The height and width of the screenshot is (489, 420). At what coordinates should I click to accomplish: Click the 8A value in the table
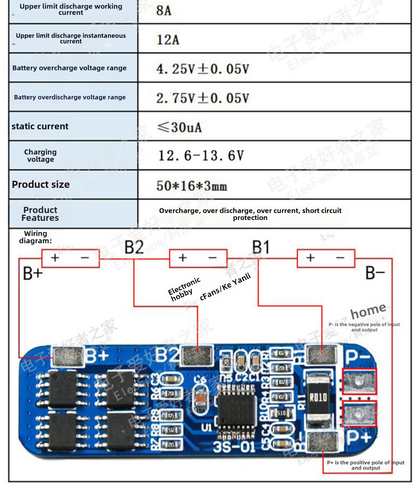(164, 11)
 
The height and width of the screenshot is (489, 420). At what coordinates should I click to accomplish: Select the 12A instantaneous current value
(168, 40)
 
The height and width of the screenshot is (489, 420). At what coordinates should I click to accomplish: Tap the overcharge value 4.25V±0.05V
(202, 69)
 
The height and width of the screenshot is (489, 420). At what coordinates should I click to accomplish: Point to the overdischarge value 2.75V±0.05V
(202, 98)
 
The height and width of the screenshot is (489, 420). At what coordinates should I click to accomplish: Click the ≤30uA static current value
(179, 127)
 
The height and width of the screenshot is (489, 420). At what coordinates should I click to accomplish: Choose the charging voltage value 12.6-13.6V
(201, 156)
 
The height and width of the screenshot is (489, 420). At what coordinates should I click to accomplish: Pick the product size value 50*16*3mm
(192, 186)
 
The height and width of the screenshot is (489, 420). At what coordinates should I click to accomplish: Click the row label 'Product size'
(41, 184)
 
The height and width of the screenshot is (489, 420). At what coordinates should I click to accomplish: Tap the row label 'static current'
(40, 126)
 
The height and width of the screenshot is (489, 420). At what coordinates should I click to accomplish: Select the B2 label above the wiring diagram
(134, 247)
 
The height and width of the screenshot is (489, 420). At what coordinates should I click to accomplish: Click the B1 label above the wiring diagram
(261, 247)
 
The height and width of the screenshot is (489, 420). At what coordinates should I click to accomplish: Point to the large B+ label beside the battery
(33, 273)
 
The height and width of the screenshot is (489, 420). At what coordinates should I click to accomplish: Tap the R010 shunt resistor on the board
(318, 397)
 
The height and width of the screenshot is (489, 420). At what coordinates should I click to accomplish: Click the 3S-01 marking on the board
(234, 447)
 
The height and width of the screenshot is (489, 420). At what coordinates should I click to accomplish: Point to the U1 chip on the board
(237, 410)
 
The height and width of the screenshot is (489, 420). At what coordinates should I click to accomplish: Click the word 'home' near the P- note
(368, 311)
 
